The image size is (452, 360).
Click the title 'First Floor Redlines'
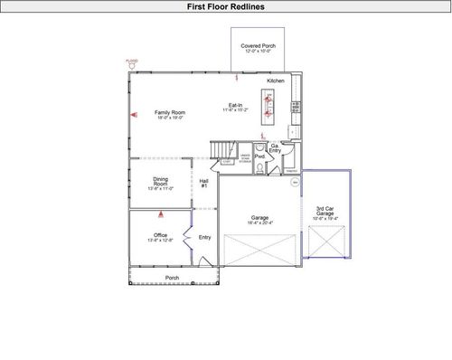pos(226,6)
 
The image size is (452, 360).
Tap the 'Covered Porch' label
pos(258,45)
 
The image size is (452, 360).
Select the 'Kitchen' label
pos(276,81)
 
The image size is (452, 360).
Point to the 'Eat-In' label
pos(234,105)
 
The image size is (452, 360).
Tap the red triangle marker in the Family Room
pos(134,115)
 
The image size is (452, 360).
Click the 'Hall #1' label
pos(204,184)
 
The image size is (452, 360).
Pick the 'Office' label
pos(160,236)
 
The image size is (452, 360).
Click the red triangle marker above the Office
pos(161,214)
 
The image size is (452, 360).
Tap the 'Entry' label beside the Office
pos(204,237)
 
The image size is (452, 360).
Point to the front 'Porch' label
pos(172,278)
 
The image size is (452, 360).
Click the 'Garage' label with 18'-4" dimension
pos(260,217)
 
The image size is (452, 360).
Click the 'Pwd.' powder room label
pos(259,156)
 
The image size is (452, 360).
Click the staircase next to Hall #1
pos(222,149)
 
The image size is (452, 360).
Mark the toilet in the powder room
pos(258,147)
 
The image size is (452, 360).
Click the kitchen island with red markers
pos(268,108)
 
